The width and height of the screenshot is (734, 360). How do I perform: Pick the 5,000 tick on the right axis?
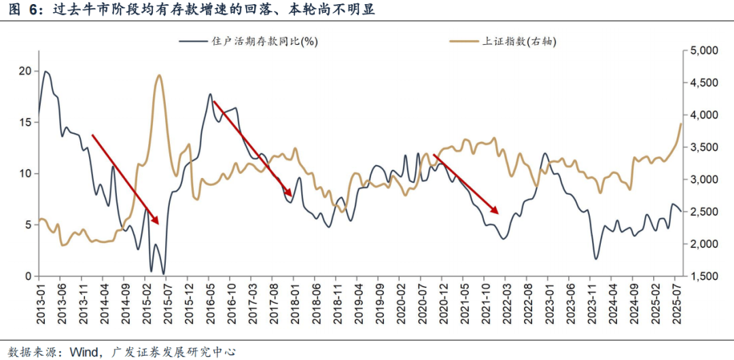[703, 51]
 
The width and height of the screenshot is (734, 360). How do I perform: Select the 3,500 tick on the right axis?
[703, 147]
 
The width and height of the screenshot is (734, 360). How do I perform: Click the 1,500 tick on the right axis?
[703, 276]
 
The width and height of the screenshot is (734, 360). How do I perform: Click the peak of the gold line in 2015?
[159, 75]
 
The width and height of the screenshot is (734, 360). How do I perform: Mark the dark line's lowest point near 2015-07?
[164, 273]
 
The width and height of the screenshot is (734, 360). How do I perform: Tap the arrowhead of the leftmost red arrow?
[156, 221]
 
